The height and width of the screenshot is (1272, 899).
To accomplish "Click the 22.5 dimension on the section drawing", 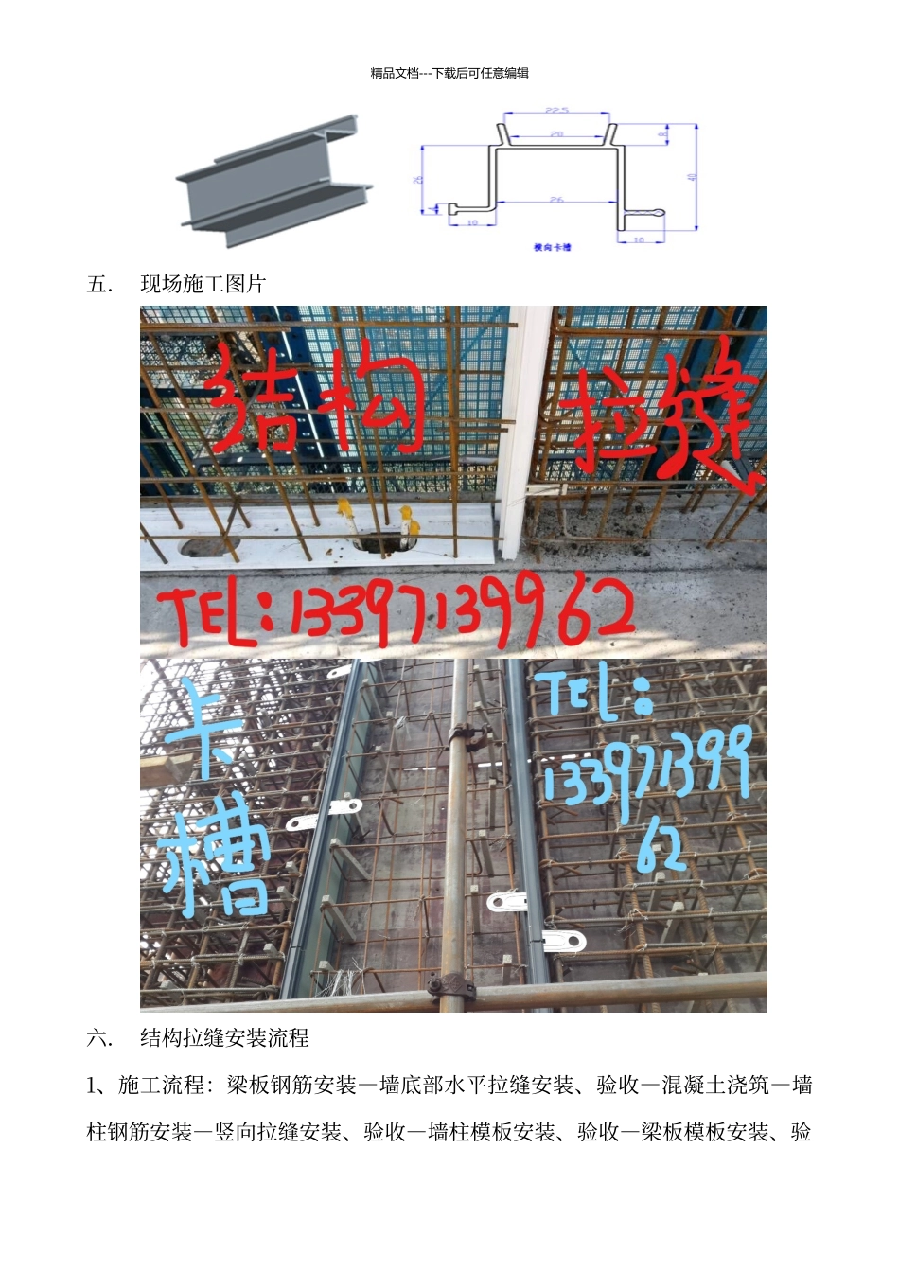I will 556,111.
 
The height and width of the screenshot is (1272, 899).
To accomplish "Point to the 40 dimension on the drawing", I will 692,177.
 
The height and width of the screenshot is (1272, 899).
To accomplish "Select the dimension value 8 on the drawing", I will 662,135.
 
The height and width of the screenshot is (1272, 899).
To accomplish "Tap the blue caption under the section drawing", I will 553,247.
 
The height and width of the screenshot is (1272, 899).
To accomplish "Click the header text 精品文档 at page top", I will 394,73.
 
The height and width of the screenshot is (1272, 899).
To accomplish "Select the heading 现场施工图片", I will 203,284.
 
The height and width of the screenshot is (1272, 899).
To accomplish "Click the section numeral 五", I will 99,284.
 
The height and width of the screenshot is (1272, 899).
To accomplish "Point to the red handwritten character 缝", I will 705,416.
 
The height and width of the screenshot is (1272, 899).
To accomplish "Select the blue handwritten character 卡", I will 203,729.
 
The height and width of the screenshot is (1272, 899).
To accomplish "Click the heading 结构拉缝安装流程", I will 224,1038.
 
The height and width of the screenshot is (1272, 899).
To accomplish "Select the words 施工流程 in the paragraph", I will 160,1086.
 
